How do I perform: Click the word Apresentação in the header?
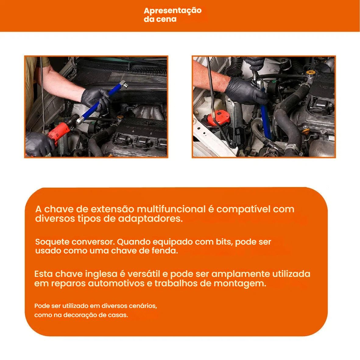[x=173, y=11]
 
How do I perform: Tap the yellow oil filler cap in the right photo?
[x=310, y=72]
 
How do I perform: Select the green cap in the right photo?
[x=274, y=82]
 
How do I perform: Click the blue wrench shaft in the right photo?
[x=266, y=119]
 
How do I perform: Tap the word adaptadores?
[x=150, y=219]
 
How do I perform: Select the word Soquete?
[x=52, y=242]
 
